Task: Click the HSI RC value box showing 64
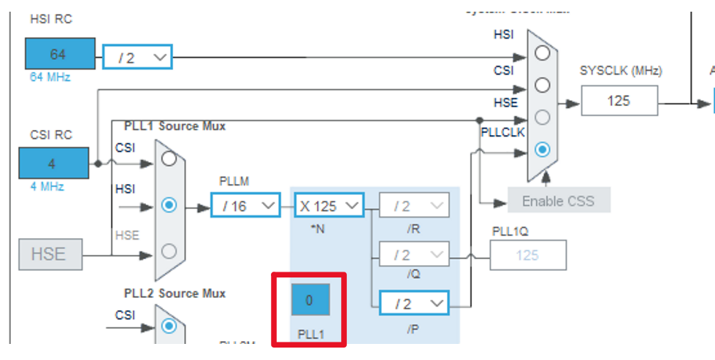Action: (60, 55)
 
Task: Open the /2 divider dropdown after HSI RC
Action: (137, 57)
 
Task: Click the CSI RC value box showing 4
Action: (53, 163)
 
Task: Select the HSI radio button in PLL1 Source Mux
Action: (169, 205)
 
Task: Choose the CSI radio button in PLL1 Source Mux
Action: (169, 159)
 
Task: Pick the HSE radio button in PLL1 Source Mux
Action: (169, 251)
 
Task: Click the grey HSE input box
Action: (48, 254)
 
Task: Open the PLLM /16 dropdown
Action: (245, 206)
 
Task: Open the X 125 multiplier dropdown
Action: (329, 206)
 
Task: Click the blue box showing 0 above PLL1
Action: (309, 300)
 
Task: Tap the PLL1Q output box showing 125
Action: (527, 256)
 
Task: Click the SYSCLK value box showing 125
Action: (619, 101)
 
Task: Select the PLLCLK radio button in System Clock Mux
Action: (542, 150)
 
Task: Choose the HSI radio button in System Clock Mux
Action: (542, 53)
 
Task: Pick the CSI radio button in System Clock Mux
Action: (542, 85)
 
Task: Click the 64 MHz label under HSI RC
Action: (50, 77)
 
